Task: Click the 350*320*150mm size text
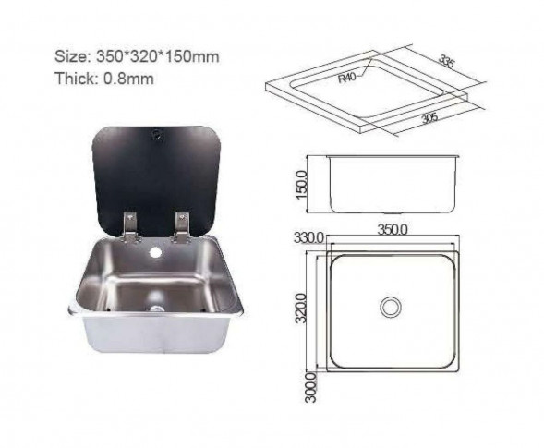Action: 157,56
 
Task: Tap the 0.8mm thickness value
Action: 128,79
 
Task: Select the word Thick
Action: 77,79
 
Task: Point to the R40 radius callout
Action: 347,78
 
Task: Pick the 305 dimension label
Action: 429,118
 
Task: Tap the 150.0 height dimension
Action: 301,185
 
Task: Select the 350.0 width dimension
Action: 393,229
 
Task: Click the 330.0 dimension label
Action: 308,238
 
